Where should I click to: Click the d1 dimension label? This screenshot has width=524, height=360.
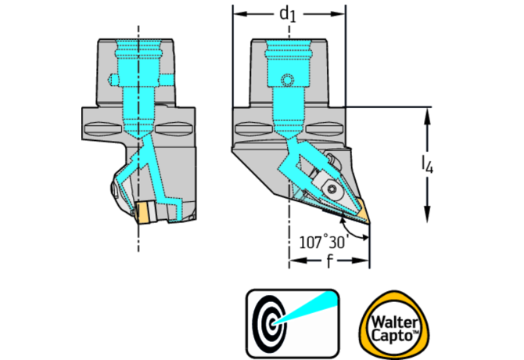tap(288, 14)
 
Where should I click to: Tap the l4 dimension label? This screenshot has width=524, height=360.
tap(427, 165)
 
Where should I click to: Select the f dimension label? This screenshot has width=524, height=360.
tap(329, 261)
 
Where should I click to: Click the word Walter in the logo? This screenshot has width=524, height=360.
tap(395, 322)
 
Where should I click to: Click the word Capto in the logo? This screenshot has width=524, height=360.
tap(393, 335)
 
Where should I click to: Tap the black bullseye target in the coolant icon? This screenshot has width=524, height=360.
tap(269, 323)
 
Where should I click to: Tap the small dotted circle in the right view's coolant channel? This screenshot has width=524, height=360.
tap(287, 81)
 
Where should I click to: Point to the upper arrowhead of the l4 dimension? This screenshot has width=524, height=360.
tap(427, 116)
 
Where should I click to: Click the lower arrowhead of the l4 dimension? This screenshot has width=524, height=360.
tap(427, 214)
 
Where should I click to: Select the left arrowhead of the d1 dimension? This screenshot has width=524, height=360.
tap(241, 14)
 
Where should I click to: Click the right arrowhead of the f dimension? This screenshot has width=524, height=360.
tap(361, 261)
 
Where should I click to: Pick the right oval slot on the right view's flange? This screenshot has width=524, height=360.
tap(324, 128)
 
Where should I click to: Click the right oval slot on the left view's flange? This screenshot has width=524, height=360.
tap(174, 128)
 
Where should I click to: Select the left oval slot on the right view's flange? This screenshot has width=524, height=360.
tap(254, 128)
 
